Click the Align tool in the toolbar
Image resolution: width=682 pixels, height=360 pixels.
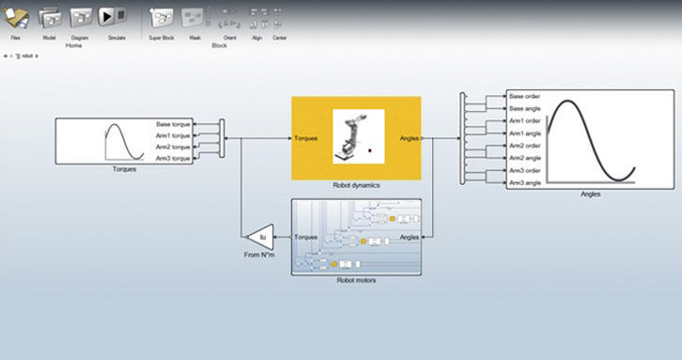pos(256,19)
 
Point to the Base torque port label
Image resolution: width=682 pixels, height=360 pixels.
pos(174,124)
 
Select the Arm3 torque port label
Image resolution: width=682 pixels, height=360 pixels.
pos(174,159)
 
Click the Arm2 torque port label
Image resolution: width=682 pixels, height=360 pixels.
pos(174,148)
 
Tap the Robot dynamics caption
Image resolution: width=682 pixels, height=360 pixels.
pos(356,186)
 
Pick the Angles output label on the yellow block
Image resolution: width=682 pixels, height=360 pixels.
pos(409,138)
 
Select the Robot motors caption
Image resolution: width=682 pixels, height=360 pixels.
pos(356,280)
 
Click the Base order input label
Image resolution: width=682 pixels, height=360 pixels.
pos(524,96)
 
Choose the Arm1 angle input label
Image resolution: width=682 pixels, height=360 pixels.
pos(524,133)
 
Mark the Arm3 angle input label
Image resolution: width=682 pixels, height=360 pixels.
pos(524,183)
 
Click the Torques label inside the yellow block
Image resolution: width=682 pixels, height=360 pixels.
pos(305,138)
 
